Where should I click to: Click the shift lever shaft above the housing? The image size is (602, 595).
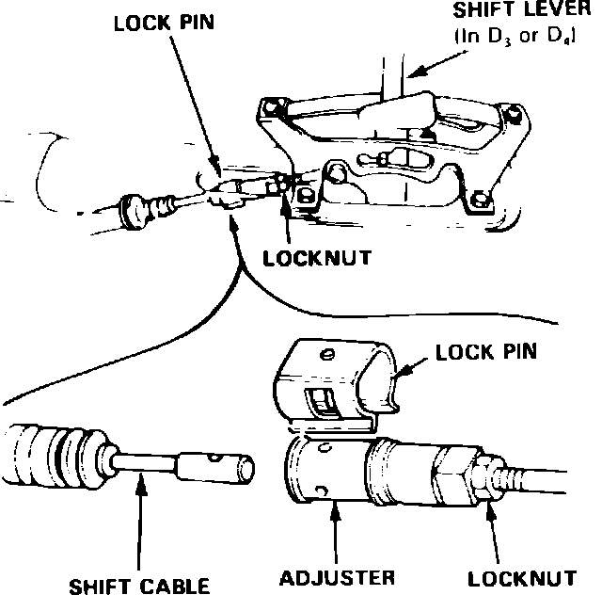(394, 75)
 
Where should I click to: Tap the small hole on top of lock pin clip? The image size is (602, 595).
(326, 354)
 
